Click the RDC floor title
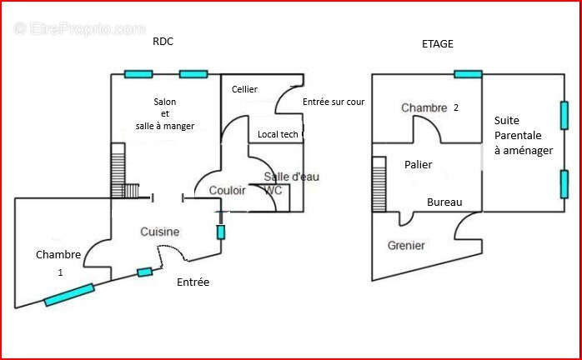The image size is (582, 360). pyautogui.click(x=163, y=41)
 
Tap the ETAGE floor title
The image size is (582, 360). pyautogui.click(x=438, y=44)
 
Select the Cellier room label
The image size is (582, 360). pyautogui.click(x=244, y=89)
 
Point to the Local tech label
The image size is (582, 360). pyautogui.click(x=278, y=134)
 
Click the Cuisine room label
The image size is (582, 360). pyautogui.click(x=160, y=232)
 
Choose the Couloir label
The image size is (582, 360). pyautogui.click(x=227, y=190)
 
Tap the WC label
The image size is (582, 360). pyautogui.click(x=273, y=190)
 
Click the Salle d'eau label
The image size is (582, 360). pyautogui.click(x=292, y=177)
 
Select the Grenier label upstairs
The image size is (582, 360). pyautogui.click(x=406, y=245)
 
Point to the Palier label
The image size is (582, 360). pyautogui.click(x=419, y=164)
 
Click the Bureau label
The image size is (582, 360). pyautogui.click(x=444, y=202)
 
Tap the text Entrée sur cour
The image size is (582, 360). pyautogui.click(x=334, y=102)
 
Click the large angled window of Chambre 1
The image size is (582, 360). pyautogui.click(x=69, y=295)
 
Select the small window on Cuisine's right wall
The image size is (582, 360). pyautogui.click(x=220, y=232)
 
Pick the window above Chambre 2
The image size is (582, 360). pyautogui.click(x=468, y=74)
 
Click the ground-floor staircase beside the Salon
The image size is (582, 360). pyautogui.click(x=124, y=171)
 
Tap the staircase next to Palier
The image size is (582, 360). pyautogui.click(x=379, y=184)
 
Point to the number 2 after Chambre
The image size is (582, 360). pyautogui.click(x=456, y=107)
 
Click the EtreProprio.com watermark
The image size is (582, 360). pyautogui.click(x=79, y=29)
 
